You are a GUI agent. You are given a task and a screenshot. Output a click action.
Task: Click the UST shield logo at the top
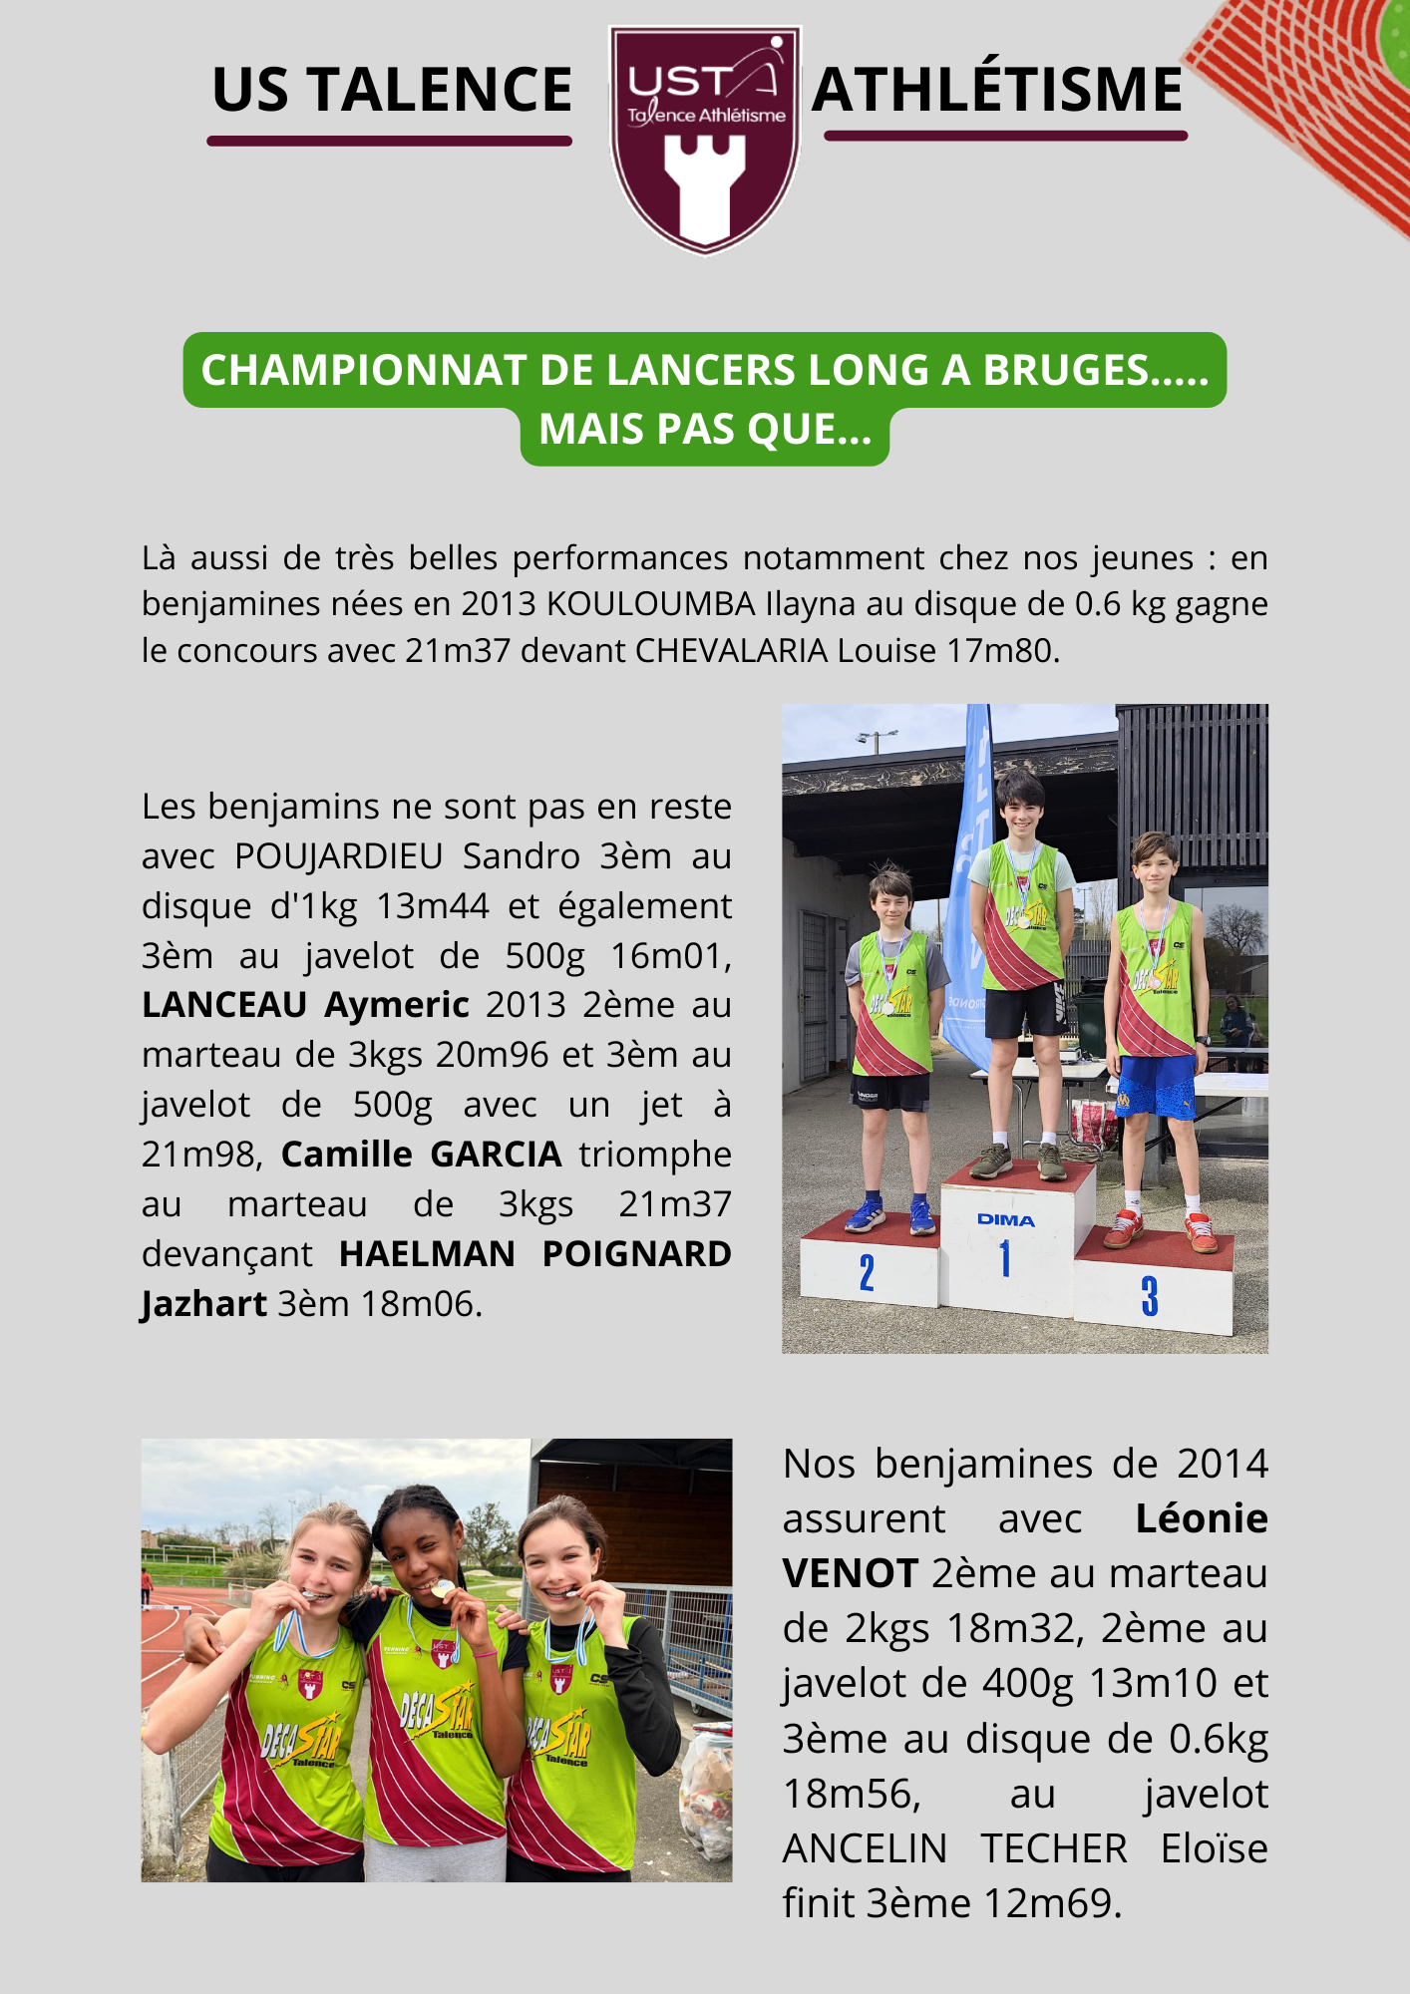pyautogui.click(x=705, y=140)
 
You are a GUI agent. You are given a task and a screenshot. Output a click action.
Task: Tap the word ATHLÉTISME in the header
pyautogui.click(x=997, y=90)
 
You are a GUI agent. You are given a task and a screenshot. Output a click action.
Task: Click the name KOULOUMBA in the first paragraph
pyautogui.click(x=651, y=604)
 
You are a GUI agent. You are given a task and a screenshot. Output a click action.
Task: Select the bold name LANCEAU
pyautogui.click(x=224, y=1005)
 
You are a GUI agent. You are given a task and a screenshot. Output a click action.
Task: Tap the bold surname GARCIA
pyautogui.click(x=496, y=1155)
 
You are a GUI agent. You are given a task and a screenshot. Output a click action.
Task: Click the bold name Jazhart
pyautogui.click(x=204, y=1304)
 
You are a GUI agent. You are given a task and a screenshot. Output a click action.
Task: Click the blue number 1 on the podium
pyautogui.click(x=1005, y=1258)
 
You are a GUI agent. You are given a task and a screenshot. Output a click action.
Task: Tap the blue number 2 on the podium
pyautogui.click(x=867, y=1273)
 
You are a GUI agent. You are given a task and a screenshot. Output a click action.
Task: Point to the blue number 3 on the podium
pyautogui.click(x=1150, y=1296)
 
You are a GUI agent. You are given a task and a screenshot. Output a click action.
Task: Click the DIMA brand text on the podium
pyautogui.click(x=1005, y=1220)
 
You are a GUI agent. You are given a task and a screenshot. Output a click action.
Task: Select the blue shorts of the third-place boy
pyautogui.click(x=1156, y=1086)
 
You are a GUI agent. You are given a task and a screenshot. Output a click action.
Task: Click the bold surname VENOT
pyautogui.click(x=850, y=1574)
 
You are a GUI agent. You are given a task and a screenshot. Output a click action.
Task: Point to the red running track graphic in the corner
pyautogui.click(x=1316, y=90)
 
